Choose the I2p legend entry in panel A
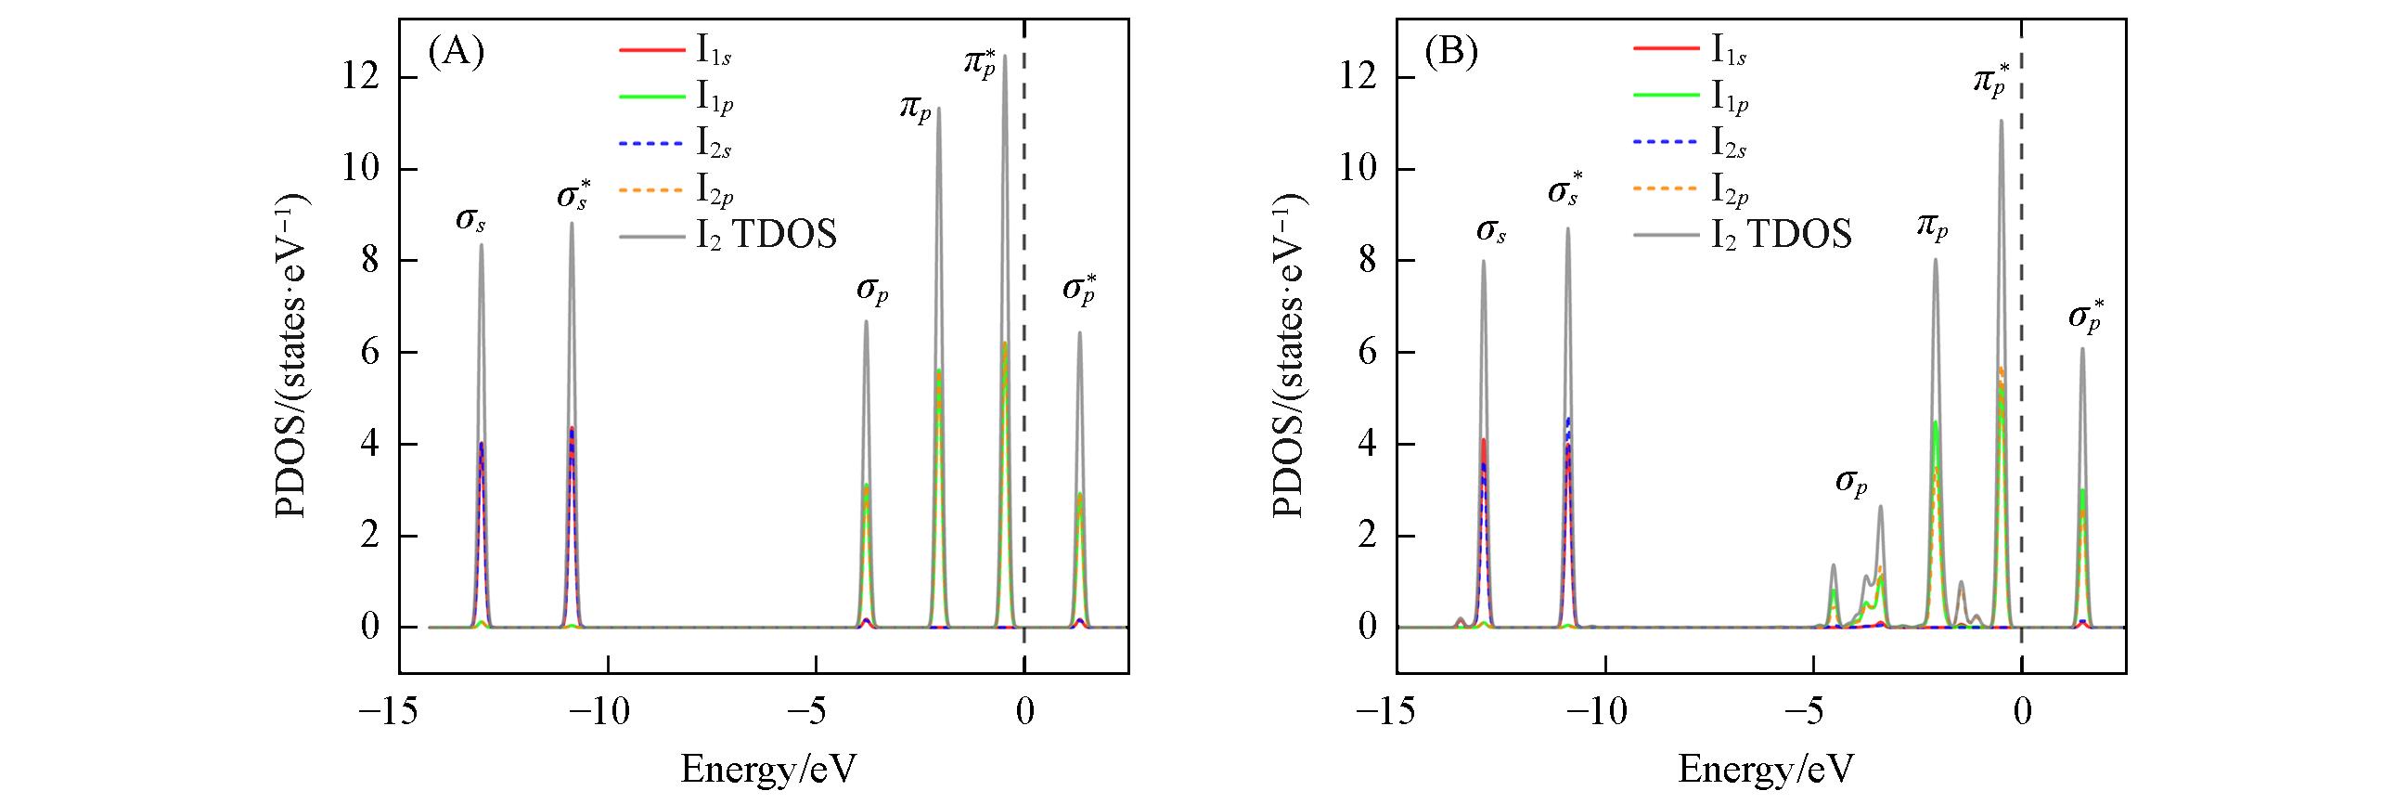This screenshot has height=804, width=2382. pos(715,191)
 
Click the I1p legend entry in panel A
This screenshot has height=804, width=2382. pos(715,100)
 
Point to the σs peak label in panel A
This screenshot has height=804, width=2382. pos(471,221)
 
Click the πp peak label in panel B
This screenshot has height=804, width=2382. pos(1932,226)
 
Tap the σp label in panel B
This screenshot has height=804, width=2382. pos(1851,484)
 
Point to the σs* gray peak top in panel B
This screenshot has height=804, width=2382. pos(1568,229)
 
